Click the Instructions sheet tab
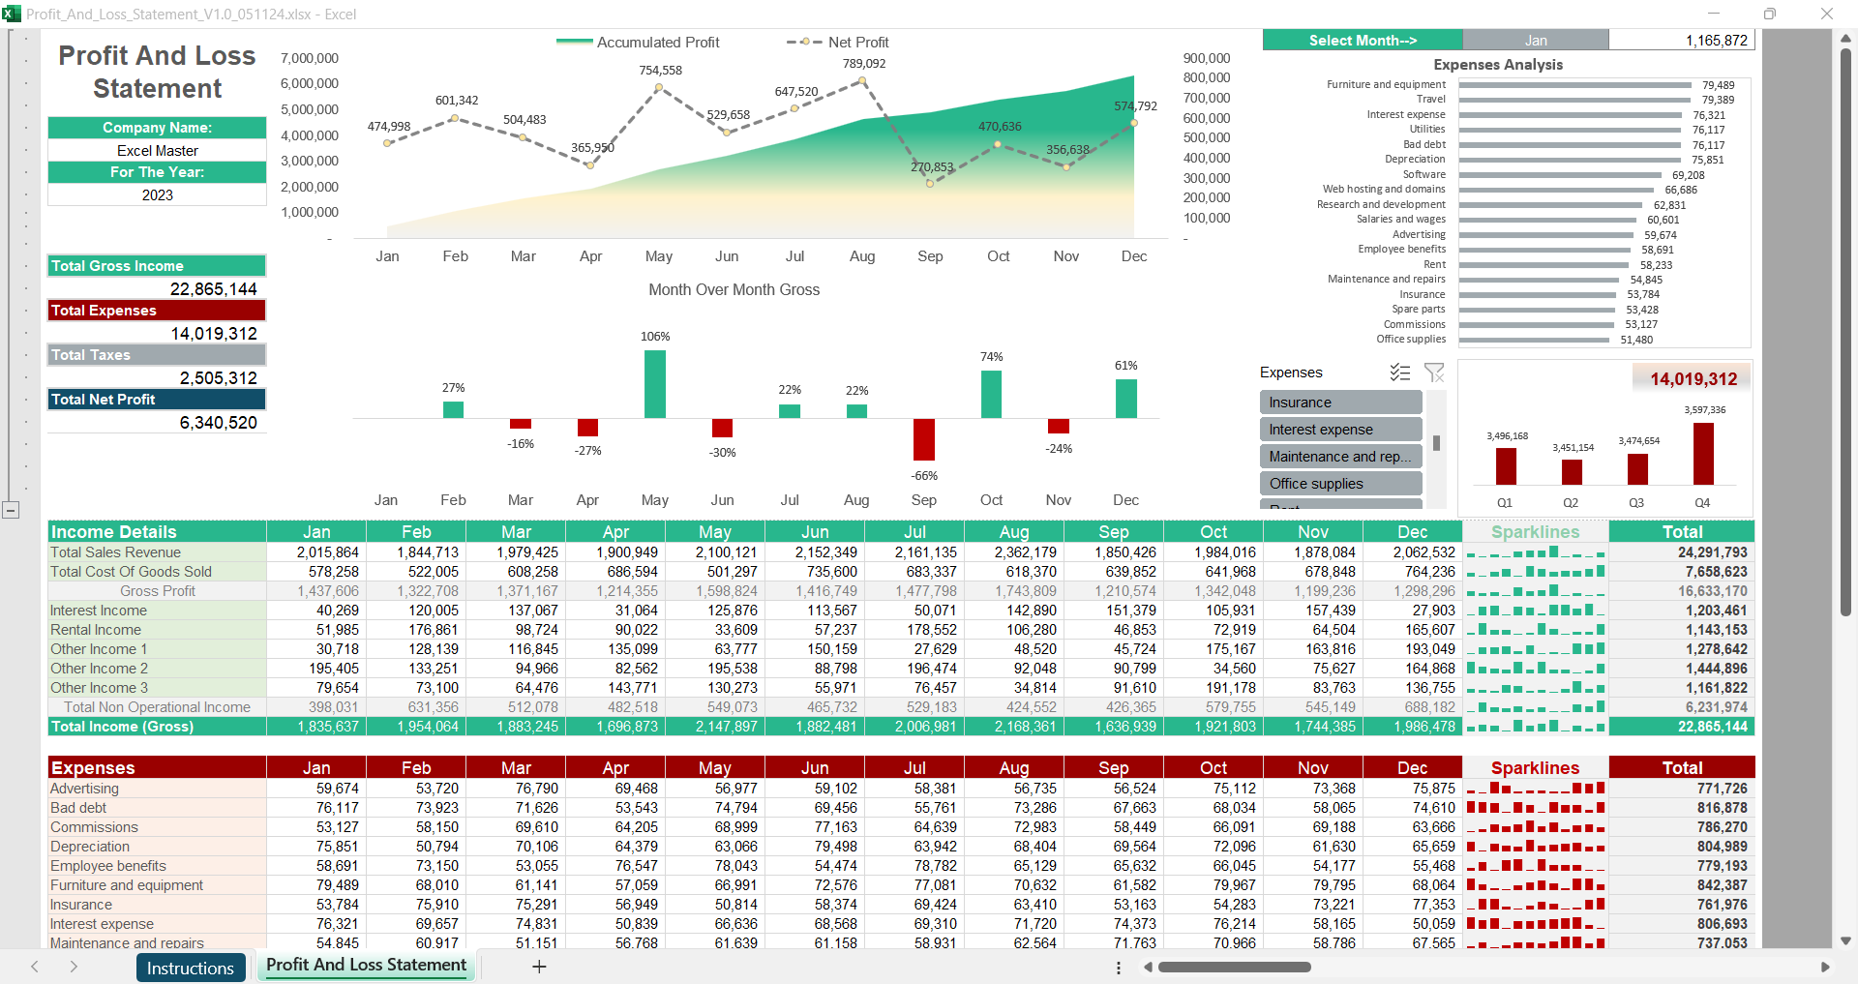(x=190, y=968)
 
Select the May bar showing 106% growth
(x=655, y=384)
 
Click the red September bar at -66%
(x=924, y=439)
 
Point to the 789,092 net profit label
(x=863, y=64)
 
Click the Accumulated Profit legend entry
(x=638, y=43)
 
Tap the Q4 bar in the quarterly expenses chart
(x=1702, y=454)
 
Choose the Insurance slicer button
(x=1340, y=403)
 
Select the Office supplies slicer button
(x=1340, y=484)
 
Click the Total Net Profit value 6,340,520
(x=218, y=423)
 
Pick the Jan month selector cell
(x=1535, y=41)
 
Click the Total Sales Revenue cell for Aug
(x=1014, y=552)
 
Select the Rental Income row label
(x=96, y=630)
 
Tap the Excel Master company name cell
(x=158, y=151)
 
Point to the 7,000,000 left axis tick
(x=310, y=58)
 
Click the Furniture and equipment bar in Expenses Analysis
(x=1574, y=85)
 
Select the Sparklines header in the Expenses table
(x=1535, y=768)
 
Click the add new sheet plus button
(x=539, y=967)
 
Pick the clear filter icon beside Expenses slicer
(x=1434, y=373)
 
